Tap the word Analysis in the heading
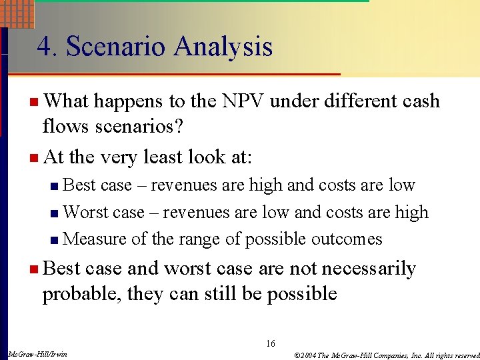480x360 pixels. click(x=223, y=47)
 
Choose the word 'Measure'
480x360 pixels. click(x=95, y=239)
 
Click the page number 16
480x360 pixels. click(x=270, y=343)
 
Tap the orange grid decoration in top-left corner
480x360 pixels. click(x=17, y=13)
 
